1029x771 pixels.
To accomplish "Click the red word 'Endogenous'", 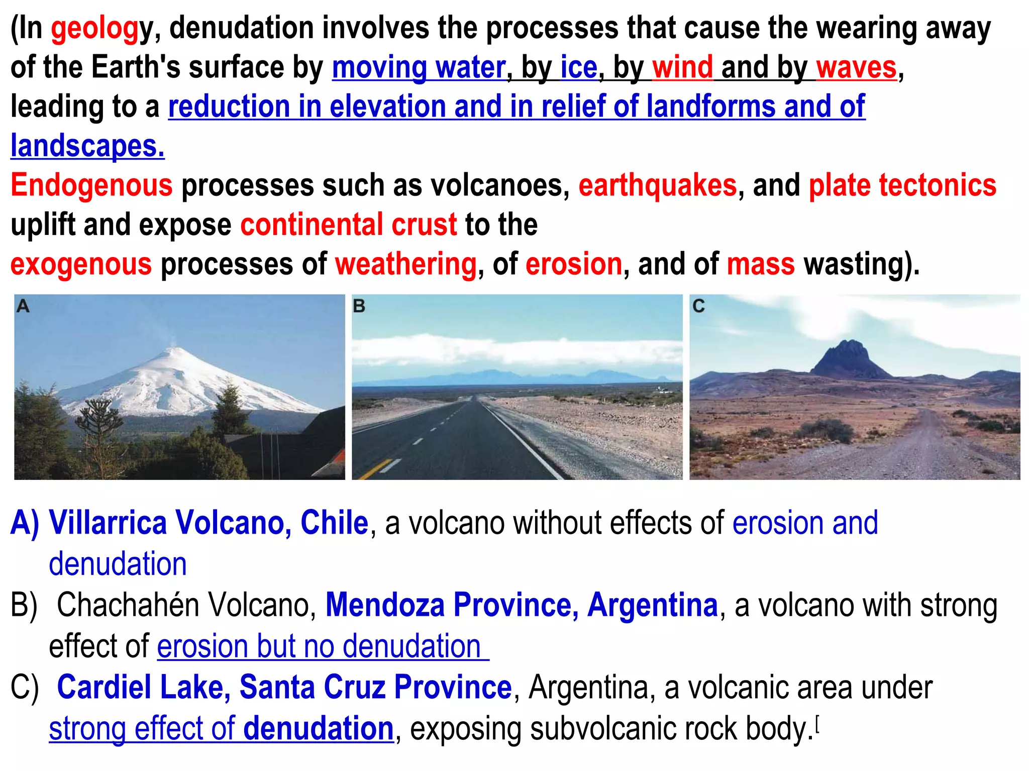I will [x=91, y=185].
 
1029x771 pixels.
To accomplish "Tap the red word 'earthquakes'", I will [x=657, y=185].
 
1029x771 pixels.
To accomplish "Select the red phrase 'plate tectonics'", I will [x=902, y=185].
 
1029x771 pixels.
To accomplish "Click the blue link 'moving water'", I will [x=419, y=67].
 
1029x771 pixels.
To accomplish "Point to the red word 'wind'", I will [x=682, y=67].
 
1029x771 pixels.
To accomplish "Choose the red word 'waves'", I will [x=856, y=67].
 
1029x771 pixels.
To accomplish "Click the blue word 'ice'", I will [x=579, y=67].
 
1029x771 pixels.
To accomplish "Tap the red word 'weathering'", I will [x=405, y=264].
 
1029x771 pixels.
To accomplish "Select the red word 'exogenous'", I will [x=81, y=264].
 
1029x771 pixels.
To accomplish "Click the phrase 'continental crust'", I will [x=348, y=224].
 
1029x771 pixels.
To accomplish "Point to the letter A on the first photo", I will [x=23, y=306].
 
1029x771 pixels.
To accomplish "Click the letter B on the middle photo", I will [x=359, y=306].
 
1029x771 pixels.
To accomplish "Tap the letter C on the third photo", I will [x=698, y=306].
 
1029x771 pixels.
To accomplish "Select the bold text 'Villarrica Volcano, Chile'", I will [x=209, y=523].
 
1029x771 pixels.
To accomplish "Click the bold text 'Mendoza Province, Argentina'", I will [x=522, y=605].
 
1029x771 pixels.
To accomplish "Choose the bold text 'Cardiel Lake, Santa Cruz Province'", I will [x=284, y=687].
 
